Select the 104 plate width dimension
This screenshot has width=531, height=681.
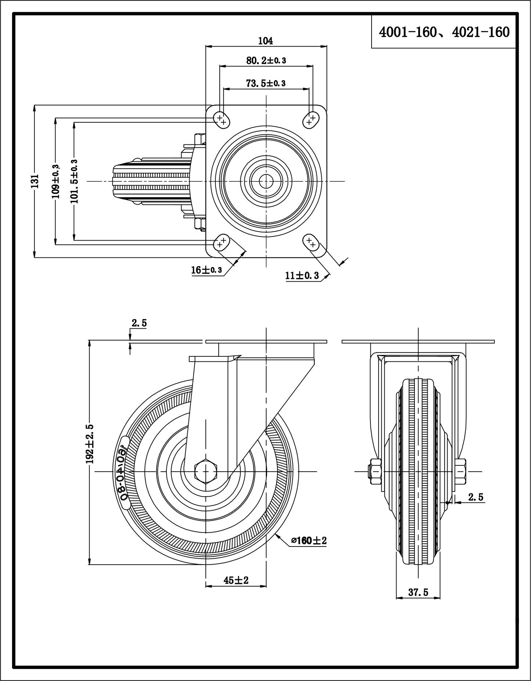coord(265,41)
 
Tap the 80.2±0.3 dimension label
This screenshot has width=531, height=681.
coord(266,61)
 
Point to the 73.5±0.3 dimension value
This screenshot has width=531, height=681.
coord(266,83)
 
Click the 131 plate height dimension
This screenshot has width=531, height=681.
coord(35,181)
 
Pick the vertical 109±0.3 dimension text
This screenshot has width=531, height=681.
coord(56,181)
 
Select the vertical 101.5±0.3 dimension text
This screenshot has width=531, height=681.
coord(74,181)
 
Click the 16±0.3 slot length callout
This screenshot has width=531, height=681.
coord(207,270)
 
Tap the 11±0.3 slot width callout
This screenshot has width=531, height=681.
coord(302,275)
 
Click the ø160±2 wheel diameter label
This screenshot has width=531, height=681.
coord(309,540)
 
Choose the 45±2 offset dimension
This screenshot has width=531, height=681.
coord(236,580)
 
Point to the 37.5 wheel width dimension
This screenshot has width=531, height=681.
coord(418,592)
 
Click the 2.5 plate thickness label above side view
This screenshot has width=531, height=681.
coord(139,323)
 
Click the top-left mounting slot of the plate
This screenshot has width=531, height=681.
coord(221,119)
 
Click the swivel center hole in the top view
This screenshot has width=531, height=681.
coord(266,181)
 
